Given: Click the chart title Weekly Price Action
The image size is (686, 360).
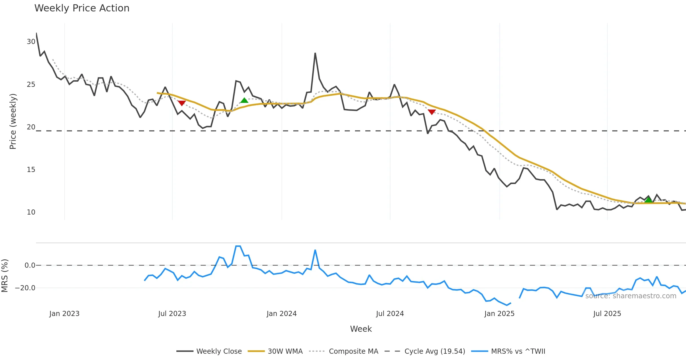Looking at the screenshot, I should click(x=82, y=8).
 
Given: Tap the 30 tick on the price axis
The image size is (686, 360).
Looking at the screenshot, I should click(x=31, y=42).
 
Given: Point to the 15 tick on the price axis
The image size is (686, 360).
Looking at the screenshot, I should click(x=31, y=170).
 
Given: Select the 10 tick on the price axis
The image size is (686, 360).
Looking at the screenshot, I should click(x=31, y=212).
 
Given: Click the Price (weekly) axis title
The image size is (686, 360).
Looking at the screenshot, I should click(x=13, y=121).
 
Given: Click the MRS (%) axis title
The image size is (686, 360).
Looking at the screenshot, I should click(x=5, y=276).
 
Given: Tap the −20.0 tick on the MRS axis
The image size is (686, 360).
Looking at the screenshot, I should click(x=25, y=288).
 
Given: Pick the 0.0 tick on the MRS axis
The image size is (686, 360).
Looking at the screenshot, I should click(x=30, y=265).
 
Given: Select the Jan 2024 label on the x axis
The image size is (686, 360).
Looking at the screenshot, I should click(x=282, y=314).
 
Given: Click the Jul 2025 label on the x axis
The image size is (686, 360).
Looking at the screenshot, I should click(x=607, y=314).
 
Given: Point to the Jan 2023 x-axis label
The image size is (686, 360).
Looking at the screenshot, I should click(x=64, y=314).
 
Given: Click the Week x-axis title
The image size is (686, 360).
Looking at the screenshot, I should click(x=361, y=329).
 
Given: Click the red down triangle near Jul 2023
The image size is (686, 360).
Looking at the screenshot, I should click(x=182, y=103).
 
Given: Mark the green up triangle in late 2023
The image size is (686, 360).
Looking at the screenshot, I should click(x=244, y=100).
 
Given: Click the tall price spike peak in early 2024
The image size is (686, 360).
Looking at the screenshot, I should click(x=315, y=53).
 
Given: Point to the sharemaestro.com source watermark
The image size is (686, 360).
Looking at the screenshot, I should click(x=631, y=296).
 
